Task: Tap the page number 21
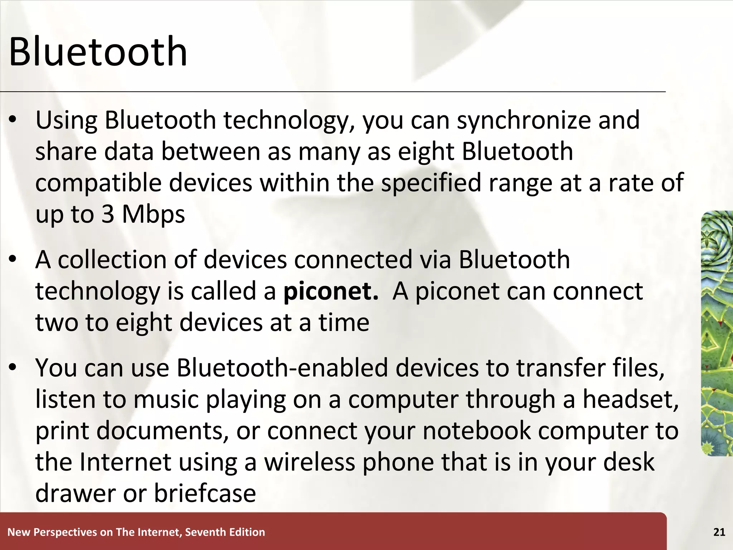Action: pos(719,532)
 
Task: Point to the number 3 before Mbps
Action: pos(108,214)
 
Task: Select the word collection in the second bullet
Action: pos(112,260)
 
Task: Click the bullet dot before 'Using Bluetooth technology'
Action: pos(13,121)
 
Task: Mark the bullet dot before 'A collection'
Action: pos(13,260)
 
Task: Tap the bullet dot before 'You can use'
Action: pos(13,368)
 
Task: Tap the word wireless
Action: pos(310,462)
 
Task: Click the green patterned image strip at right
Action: pos(717,333)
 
